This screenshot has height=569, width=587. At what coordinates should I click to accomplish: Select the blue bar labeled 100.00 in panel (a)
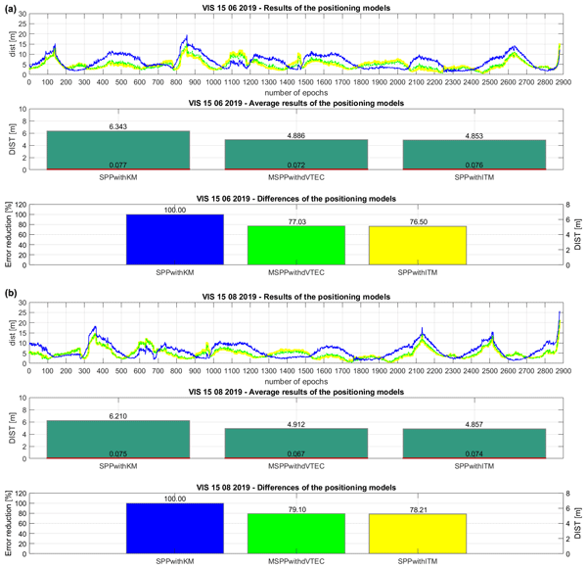pos(175,239)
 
